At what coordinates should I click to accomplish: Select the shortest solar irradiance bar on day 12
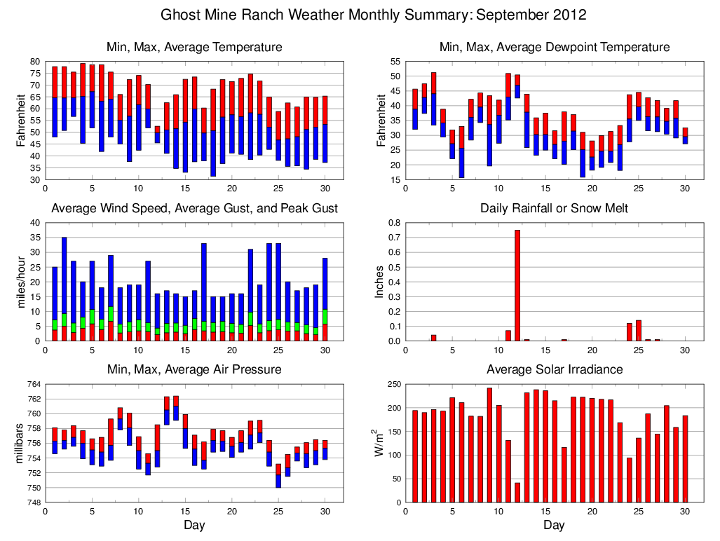pos(517,492)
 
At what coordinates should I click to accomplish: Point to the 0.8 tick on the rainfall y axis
pos(394,223)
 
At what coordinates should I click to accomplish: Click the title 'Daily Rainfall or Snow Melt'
pos(554,208)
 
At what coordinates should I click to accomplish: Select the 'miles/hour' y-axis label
pos(20,282)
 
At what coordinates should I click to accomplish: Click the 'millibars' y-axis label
pos(20,443)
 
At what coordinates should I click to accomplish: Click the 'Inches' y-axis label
pos(380,282)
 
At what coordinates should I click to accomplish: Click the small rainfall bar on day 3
pos(433,338)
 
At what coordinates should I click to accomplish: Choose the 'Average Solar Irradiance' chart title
pos(554,369)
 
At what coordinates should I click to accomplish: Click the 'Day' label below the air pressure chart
pos(194,525)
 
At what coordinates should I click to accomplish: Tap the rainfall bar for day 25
pos(639,331)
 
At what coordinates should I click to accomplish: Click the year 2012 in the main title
pos(569,15)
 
